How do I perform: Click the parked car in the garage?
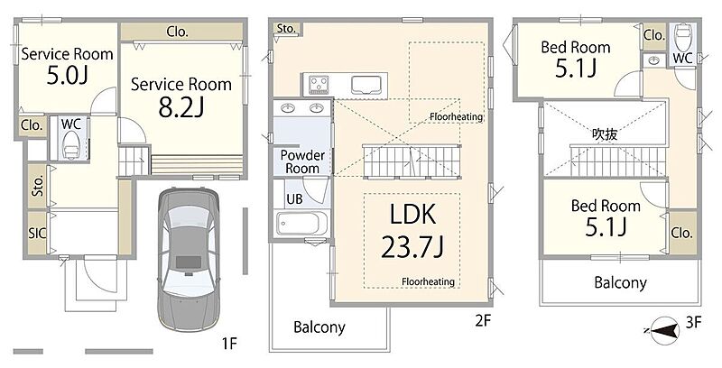click(x=189, y=259)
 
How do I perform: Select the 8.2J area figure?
click(x=181, y=107)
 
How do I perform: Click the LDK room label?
click(x=412, y=215)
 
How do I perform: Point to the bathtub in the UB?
click(x=302, y=224)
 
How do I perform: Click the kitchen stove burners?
click(x=319, y=85)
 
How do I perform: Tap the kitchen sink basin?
click(x=366, y=85)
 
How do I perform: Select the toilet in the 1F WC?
click(x=71, y=145)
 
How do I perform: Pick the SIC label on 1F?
click(x=37, y=233)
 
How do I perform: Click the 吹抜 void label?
click(x=605, y=134)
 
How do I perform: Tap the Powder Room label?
click(x=302, y=161)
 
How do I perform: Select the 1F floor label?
click(x=229, y=343)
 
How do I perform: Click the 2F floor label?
click(x=483, y=320)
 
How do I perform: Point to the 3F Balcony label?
click(x=620, y=282)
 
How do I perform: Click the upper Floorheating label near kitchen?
click(x=457, y=116)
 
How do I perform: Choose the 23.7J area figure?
click(x=412, y=247)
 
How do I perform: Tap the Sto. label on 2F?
click(x=286, y=29)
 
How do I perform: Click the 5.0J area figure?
click(x=67, y=76)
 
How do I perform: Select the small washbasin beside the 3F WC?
click(x=653, y=60)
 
